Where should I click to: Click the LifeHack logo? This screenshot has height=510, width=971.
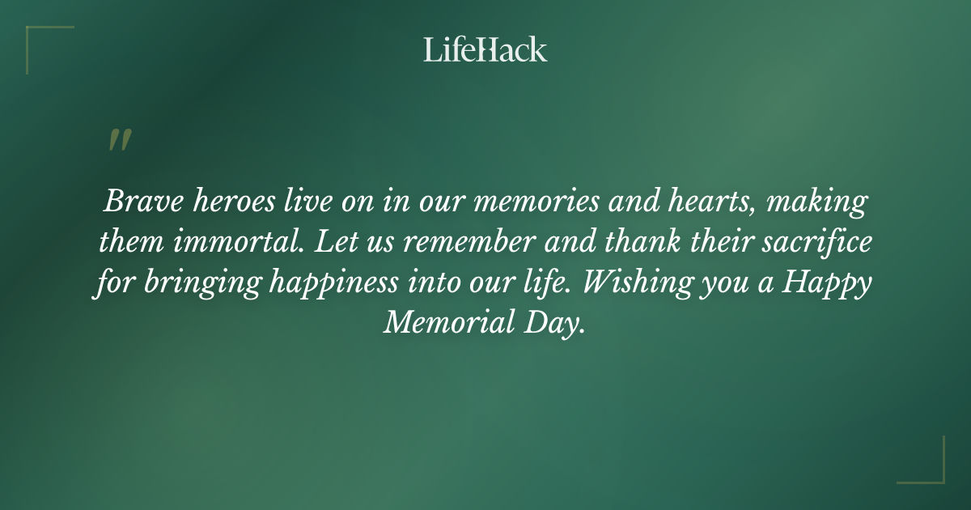tap(485, 49)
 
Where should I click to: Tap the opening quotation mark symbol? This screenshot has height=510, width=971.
tap(119, 140)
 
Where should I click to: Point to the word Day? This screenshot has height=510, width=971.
tap(558, 325)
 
